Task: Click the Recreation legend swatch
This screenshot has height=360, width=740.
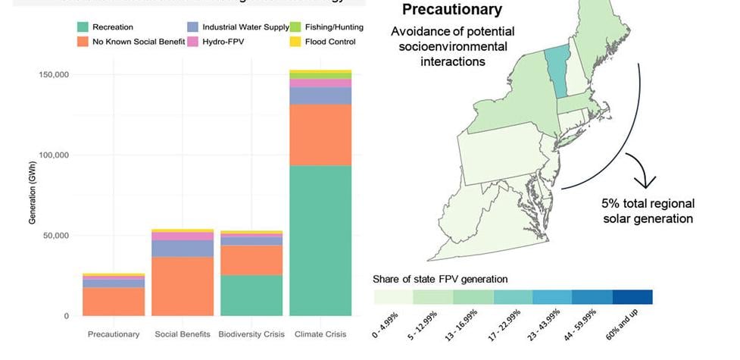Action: [x=82, y=27]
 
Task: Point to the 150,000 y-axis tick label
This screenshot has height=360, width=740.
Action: [x=53, y=75]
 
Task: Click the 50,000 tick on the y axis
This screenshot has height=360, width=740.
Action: [x=55, y=236]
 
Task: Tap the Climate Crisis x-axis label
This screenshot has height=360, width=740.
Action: [x=320, y=334]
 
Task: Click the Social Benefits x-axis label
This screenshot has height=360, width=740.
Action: [x=182, y=334]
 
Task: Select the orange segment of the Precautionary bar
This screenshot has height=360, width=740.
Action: [x=114, y=301]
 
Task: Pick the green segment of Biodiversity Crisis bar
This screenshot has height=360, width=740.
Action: [x=251, y=296]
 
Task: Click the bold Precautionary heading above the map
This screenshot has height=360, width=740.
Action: [x=451, y=10]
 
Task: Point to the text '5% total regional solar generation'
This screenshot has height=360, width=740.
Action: [x=648, y=211]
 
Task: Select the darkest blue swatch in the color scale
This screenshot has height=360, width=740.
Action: [x=632, y=297]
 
